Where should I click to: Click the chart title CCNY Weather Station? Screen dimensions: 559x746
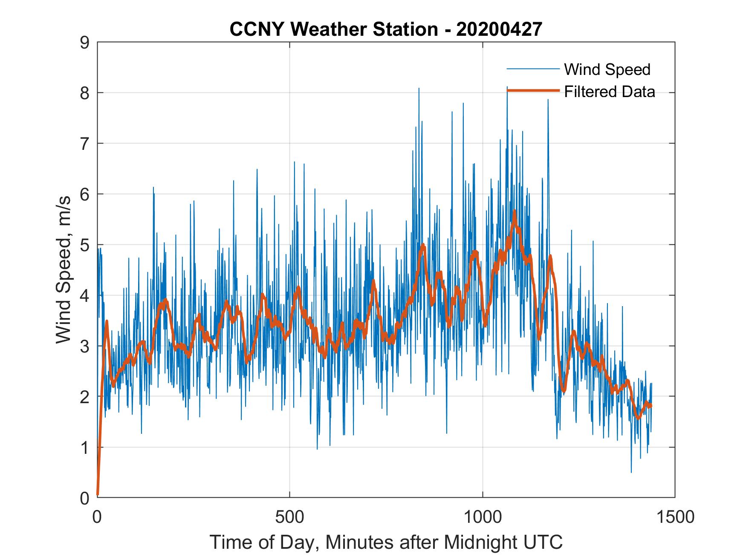point(334,29)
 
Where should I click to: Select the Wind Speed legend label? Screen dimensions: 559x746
point(607,69)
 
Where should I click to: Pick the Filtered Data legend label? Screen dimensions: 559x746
point(609,92)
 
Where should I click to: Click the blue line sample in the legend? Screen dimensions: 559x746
point(532,69)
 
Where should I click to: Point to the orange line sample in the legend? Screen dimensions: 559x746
point(532,91)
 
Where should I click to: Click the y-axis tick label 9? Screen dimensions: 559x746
point(84,43)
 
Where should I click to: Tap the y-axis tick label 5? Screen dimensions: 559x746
point(84,245)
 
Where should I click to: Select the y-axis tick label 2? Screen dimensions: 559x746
point(84,397)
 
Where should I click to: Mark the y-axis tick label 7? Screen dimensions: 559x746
point(84,144)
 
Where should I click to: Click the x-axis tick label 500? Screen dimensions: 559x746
point(289,517)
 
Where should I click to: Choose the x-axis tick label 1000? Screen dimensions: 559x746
point(483,517)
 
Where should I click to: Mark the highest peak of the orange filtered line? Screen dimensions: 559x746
point(515,211)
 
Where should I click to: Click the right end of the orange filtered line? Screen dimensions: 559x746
point(651,406)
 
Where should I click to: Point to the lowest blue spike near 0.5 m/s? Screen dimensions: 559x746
point(631,472)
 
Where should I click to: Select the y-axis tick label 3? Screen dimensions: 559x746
point(84,346)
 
